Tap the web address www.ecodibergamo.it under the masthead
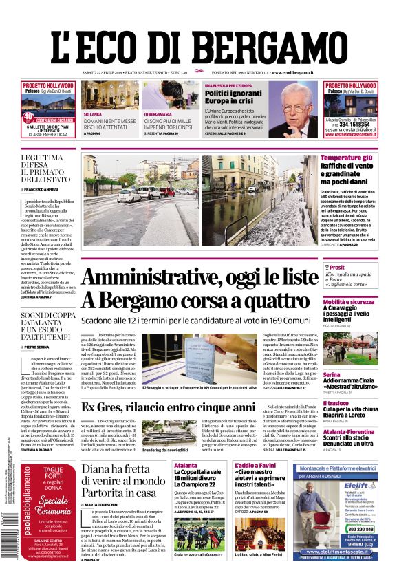tap(293, 72)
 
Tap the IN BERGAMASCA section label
tap(160, 113)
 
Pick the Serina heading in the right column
tap(332, 374)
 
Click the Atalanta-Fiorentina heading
tap(354, 432)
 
